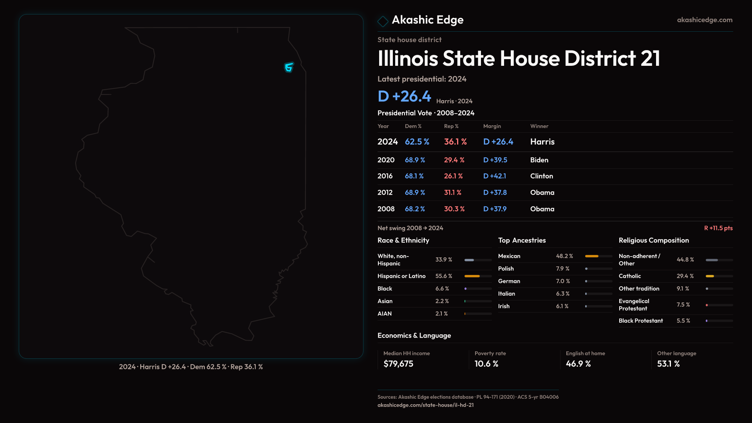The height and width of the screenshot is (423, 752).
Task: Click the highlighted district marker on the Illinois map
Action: pos(289,68)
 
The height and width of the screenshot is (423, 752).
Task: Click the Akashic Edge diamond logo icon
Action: pos(383,21)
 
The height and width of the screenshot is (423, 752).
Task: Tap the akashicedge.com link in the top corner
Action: pos(704,20)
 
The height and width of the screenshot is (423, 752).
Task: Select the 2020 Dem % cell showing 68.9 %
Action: pos(415,160)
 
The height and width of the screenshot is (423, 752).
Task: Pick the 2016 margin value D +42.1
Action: pos(494,176)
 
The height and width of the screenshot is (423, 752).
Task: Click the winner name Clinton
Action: pos(541,176)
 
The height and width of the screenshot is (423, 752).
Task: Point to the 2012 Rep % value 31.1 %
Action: pos(452,193)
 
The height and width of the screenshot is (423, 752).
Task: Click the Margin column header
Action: pos(492,126)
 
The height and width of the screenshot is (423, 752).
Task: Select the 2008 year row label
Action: pos(386,209)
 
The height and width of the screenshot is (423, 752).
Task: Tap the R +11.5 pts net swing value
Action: pos(718,228)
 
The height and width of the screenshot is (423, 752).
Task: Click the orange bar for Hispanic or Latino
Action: pos(472,276)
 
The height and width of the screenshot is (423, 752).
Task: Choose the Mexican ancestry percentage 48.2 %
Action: pos(564,256)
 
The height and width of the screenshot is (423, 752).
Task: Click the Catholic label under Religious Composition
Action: pos(629,276)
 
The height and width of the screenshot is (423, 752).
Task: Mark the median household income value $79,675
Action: pos(398,364)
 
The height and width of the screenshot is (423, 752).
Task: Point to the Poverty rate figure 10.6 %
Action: pos(486,364)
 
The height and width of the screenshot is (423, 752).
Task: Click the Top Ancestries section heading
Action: pos(522,240)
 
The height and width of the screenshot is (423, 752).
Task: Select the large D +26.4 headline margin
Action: pos(404,96)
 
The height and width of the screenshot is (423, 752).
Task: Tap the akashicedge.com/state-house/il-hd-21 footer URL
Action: pos(425,405)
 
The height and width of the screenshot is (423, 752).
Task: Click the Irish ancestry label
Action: pos(504,306)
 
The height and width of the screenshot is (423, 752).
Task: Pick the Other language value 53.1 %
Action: pos(668,364)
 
